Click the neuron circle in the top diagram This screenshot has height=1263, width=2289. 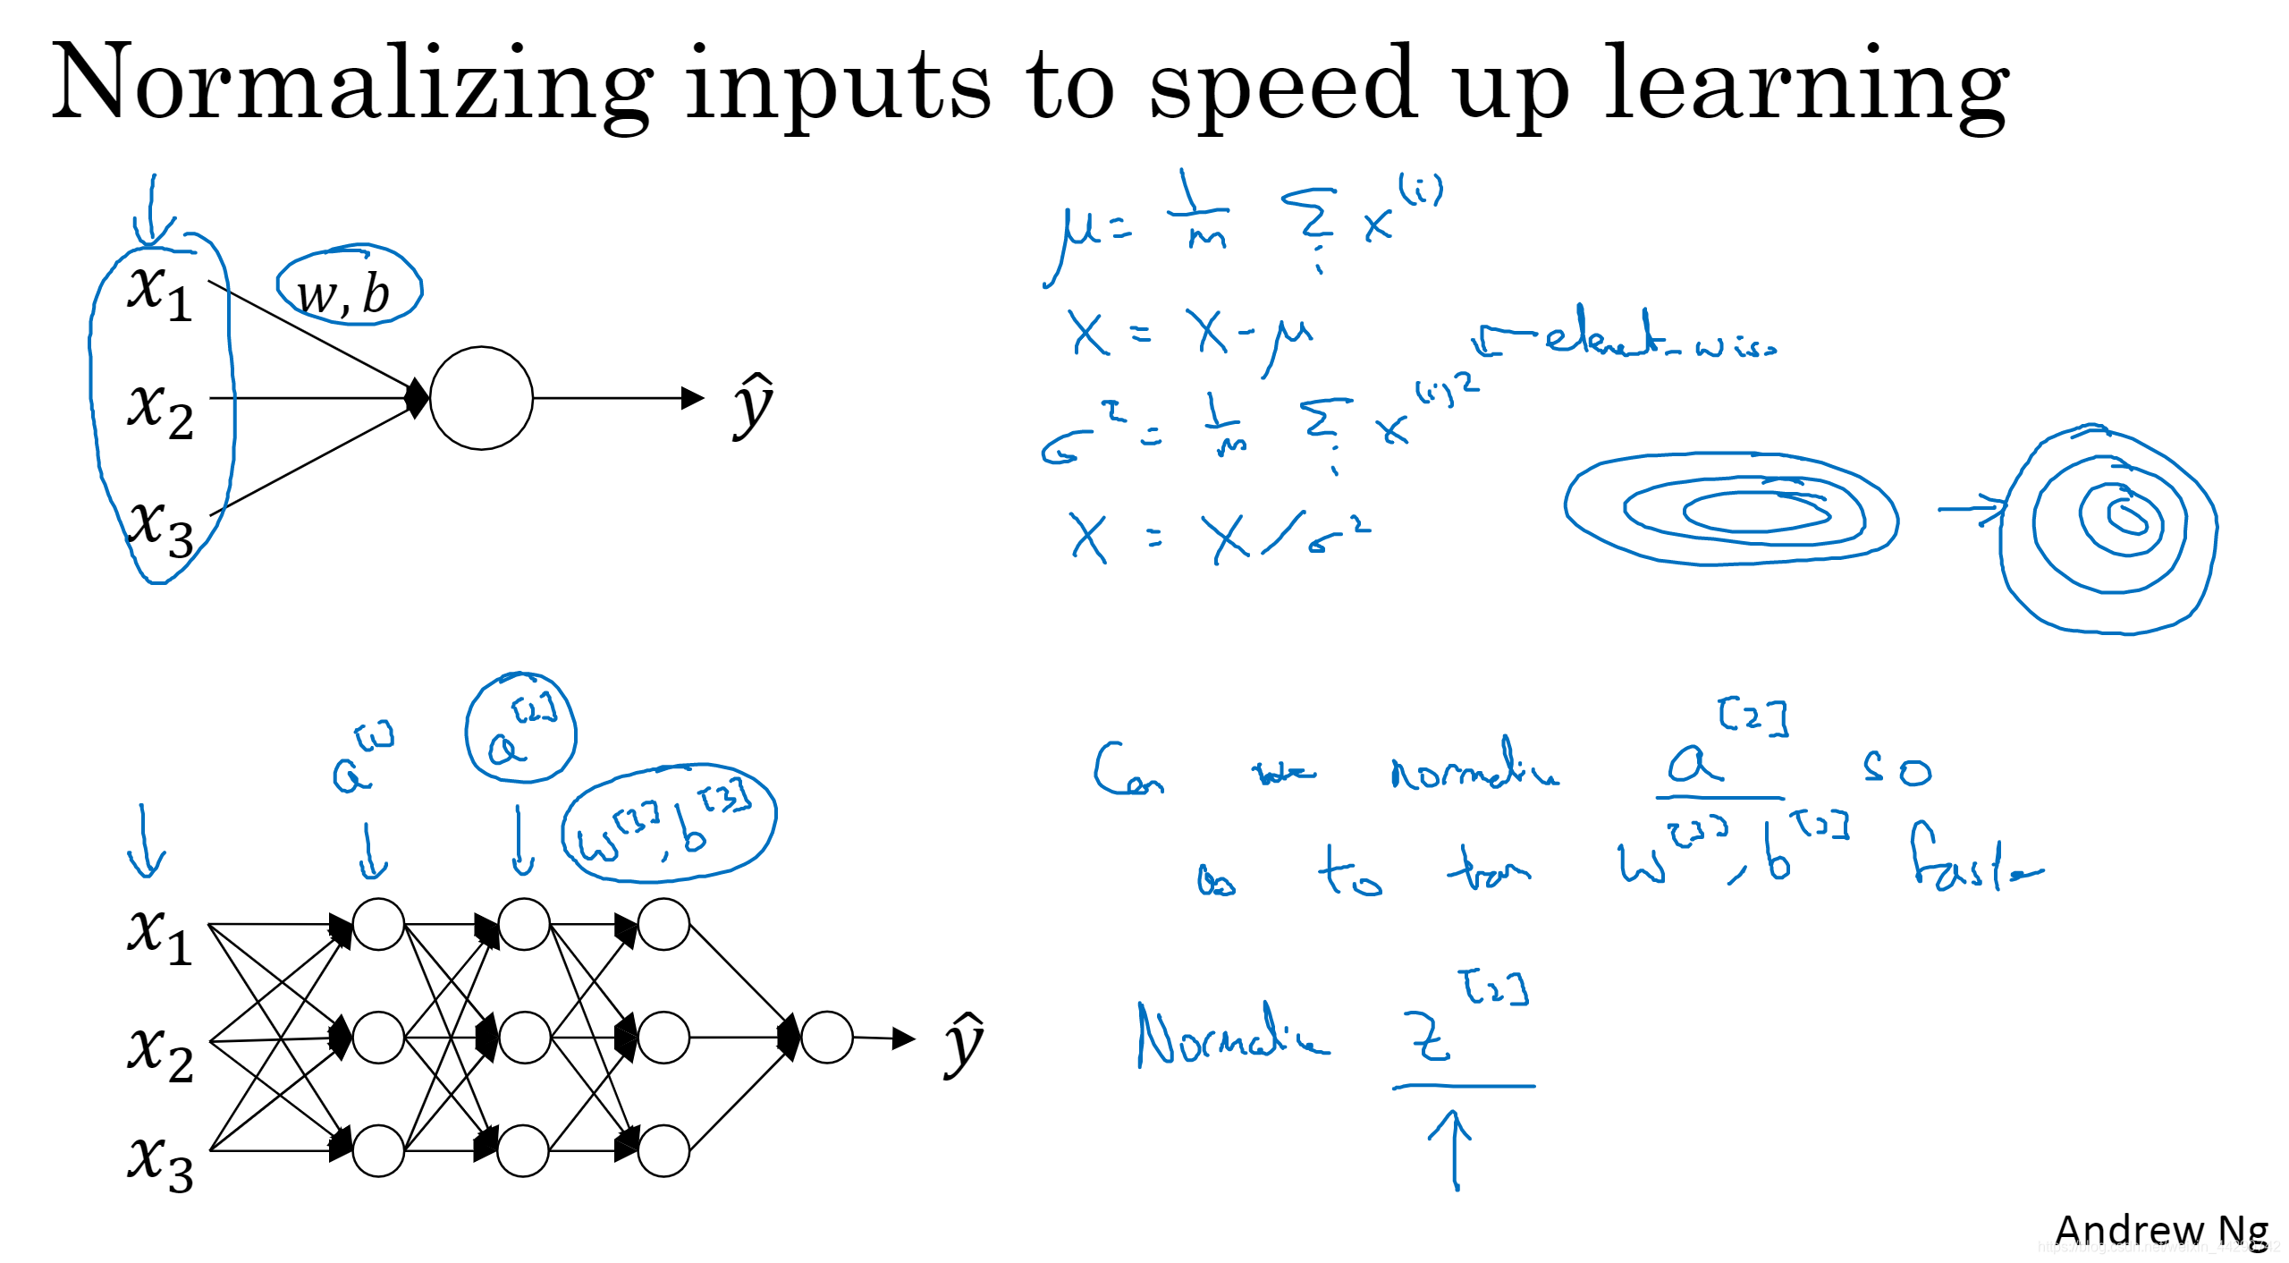coord(481,398)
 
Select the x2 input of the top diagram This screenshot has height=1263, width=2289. coord(160,409)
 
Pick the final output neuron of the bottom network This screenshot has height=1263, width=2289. coord(826,1038)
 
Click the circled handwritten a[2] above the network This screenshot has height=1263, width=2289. coord(521,729)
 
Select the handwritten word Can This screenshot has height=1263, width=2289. coord(1127,770)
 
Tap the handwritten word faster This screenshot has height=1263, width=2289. coord(1972,860)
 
